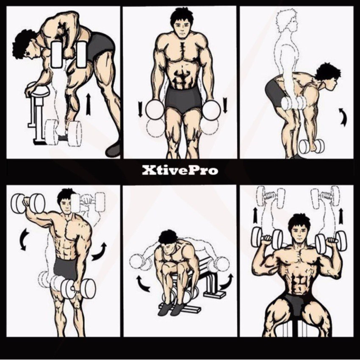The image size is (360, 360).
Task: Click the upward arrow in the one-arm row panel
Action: pyautogui.click(x=88, y=105)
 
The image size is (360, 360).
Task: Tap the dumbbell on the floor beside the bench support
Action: pyautogui.click(x=64, y=133)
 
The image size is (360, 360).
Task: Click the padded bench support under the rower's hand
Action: pyautogui.click(x=37, y=91)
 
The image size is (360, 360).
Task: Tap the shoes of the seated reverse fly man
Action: pyautogui.click(x=172, y=309)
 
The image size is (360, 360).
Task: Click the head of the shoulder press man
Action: pyautogui.click(x=299, y=227)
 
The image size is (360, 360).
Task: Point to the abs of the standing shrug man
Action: pyautogui.click(x=182, y=76)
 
